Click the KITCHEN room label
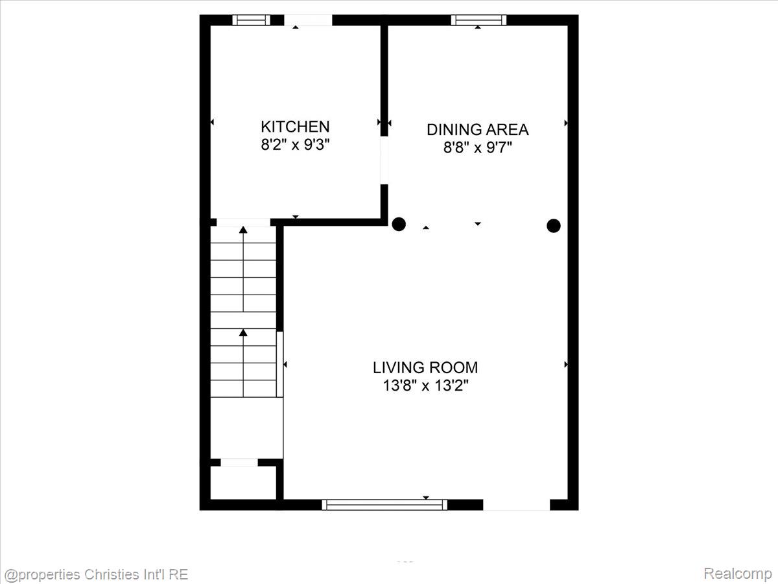[295, 127]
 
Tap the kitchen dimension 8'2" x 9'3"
[295, 145]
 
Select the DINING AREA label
[477, 129]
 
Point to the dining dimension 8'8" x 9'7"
[477, 147]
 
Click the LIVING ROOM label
[425, 367]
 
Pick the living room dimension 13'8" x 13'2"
[425, 385]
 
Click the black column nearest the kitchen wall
[399, 224]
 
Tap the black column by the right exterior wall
[553, 226]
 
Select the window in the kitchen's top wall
[252, 20]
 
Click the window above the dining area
[478, 20]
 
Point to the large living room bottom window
[384, 505]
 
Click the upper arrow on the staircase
[243, 269]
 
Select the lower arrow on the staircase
[243, 363]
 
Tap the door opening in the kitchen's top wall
[308, 20]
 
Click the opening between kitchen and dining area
[384, 160]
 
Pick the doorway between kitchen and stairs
[244, 223]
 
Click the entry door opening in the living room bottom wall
[517, 505]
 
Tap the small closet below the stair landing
[243, 483]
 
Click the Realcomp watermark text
[738, 573]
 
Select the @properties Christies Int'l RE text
[97, 574]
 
